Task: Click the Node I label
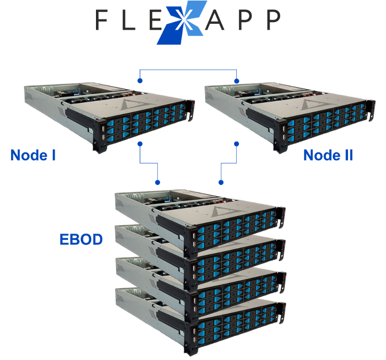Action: (x=33, y=155)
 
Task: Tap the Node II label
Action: (x=328, y=155)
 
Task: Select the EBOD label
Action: (x=81, y=239)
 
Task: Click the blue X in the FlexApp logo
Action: (x=182, y=23)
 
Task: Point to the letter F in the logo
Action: (x=101, y=20)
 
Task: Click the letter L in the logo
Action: (x=129, y=20)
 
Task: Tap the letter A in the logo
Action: (x=215, y=20)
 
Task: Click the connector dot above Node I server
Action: (x=140, y=81)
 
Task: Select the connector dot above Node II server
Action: (x=237, y=81)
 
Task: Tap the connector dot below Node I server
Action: (x=140, y=144)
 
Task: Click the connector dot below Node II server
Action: (x=237, y=144)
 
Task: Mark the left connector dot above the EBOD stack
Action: (x=158, y=182)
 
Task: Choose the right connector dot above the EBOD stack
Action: (x=221, y=182)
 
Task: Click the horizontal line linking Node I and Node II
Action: (x=188, y=70)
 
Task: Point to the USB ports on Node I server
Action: (x=103, y=133)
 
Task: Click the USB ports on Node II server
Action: (x=284, y=133)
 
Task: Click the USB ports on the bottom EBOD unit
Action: (x=194, y=335)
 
